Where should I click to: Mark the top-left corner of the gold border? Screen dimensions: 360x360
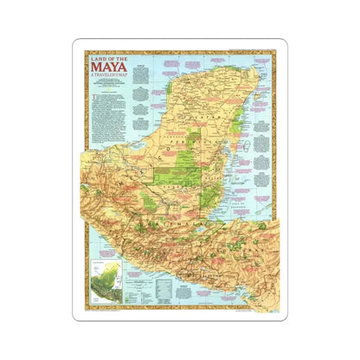85,52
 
